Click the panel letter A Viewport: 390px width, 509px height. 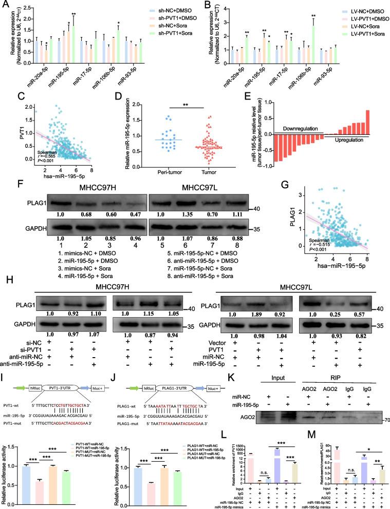(5, 5)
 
